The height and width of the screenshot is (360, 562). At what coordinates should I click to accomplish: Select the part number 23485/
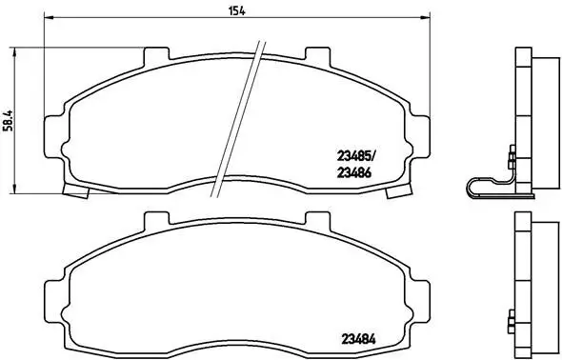click(357, 156)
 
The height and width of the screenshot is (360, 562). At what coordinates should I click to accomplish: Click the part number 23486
click(353, 172)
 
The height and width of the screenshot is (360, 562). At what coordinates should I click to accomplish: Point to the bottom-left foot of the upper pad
click(72, 190)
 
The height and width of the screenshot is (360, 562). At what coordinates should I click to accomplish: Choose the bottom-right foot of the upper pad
click(392, 190)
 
